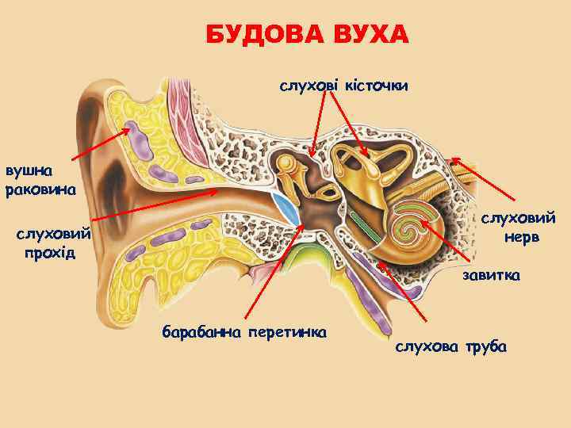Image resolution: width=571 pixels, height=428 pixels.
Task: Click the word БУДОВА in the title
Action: [253, 36]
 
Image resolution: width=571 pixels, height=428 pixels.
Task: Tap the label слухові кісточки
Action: [343, 84]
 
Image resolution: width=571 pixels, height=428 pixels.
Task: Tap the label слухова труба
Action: [450, 347]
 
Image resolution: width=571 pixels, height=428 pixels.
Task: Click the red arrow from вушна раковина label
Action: [103, 150]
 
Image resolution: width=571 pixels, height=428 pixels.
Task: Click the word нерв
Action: [519, 237]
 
